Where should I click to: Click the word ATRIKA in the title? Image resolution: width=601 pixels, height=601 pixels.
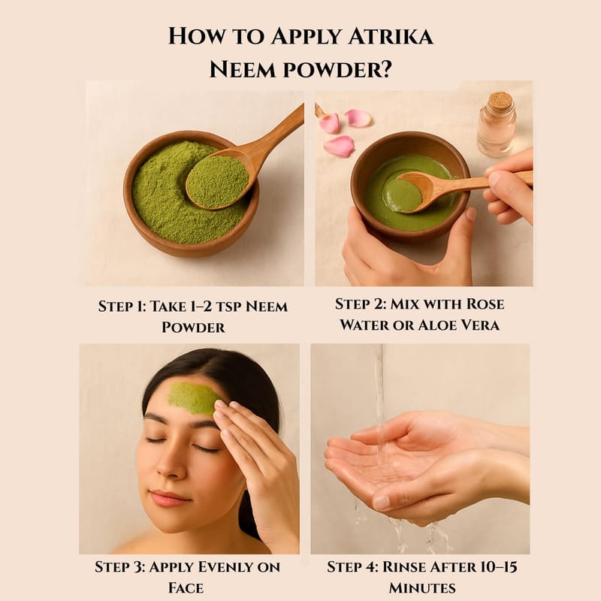click(391, 36)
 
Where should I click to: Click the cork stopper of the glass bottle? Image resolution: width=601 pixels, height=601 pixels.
click(500, 101)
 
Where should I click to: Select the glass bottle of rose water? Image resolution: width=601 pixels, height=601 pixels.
click(497, 125)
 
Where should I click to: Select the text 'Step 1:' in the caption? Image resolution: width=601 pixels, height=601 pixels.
click(121, 307)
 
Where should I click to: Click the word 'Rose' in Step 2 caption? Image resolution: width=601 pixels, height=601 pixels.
click(485, 304)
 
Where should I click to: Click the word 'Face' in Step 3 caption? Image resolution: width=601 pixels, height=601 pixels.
click(186, 588)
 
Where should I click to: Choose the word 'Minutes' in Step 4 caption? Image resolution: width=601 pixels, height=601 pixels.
click(422, 587)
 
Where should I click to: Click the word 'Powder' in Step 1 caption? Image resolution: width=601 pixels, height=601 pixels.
click(193, 328)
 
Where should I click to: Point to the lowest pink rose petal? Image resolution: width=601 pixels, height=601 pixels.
click(339, 146)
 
